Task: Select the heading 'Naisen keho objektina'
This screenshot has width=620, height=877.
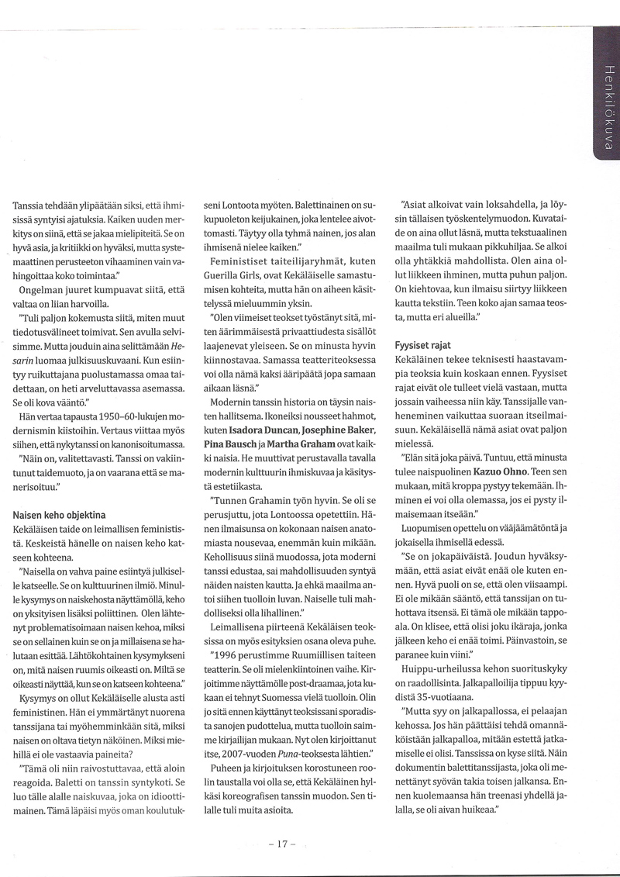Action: (x=59, y=514)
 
